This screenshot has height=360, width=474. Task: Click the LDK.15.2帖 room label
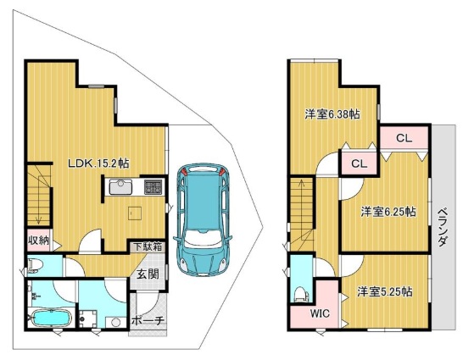coord(98,163)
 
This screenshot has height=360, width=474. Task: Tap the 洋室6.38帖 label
coord(332,114)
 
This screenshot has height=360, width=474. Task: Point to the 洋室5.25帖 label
coord(384,291)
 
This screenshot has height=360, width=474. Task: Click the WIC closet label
coord(320,313)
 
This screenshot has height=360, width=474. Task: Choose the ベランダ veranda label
coord(443,228)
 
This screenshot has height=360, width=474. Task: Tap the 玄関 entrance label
coord(148,274)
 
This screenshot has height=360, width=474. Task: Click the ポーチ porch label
coord(148,321)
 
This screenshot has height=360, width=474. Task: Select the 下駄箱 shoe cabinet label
coord(148,247)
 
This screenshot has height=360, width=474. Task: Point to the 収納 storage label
coord(38,241)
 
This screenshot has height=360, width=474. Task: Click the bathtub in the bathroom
coord(52,318)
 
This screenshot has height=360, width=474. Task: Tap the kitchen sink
coord(120,187)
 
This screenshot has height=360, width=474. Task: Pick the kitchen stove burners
coord(153,187)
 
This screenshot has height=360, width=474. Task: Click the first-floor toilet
coord(36,266)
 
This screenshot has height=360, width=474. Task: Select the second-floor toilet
coord(301,293)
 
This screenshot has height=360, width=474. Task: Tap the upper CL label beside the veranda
coord(404,138)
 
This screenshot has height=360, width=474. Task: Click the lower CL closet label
coord(360,163)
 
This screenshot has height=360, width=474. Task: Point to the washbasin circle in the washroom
coord(116,322)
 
